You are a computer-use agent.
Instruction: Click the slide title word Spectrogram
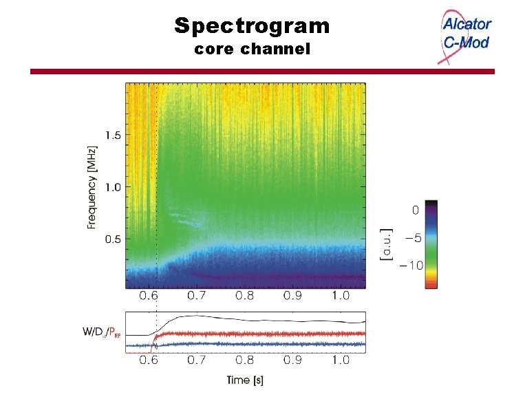252,26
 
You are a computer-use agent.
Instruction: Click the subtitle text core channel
252,50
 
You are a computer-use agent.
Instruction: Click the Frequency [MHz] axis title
92,186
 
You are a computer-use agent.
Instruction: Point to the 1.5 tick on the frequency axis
112,135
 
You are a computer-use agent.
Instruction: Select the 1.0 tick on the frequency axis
112,187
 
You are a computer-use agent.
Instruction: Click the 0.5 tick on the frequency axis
112,239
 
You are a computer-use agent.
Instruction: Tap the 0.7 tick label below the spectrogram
198,297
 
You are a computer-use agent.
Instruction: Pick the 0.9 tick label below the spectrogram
292,297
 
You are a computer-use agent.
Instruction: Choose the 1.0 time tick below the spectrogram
339,297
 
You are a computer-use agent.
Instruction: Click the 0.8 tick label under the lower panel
246,359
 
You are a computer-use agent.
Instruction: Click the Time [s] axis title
245,380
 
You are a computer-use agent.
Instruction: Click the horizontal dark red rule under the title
262,72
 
